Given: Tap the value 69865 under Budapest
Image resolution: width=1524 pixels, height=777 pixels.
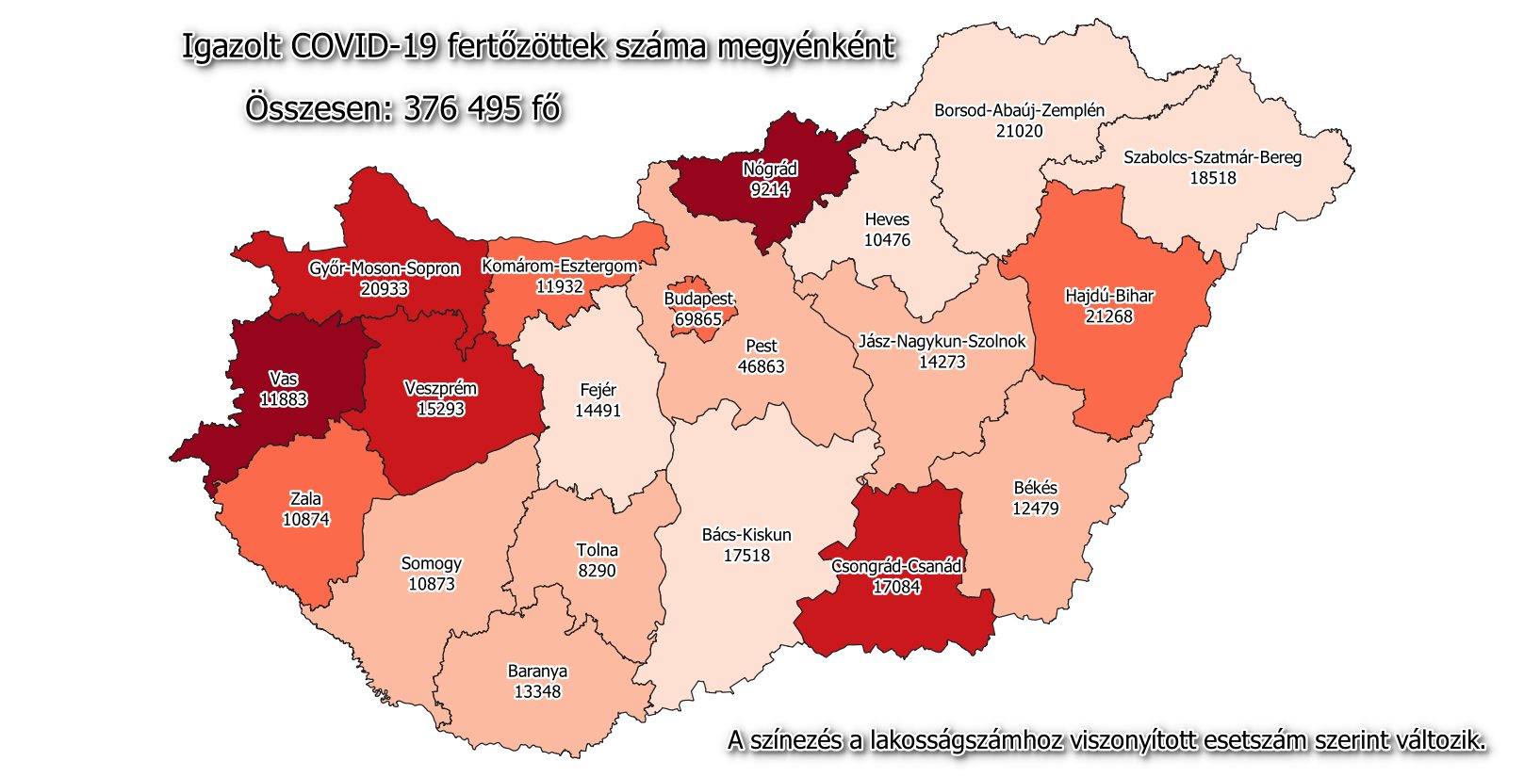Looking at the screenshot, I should click(x=697, y=319).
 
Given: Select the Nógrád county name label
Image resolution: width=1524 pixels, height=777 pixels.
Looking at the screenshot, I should click(x=770, y=169).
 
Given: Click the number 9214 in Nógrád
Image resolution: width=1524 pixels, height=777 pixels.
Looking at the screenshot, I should click(x=770, y=189).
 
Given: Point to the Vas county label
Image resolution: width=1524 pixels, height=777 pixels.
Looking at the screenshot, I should click(x=284, y=379).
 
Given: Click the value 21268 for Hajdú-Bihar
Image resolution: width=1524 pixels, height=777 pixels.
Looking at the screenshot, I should click(x=1108, y=316).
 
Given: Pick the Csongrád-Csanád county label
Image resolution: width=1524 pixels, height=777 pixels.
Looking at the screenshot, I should click(x=896, y=566).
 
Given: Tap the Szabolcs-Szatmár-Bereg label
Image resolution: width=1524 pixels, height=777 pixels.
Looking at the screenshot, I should click(x=1212, y=157).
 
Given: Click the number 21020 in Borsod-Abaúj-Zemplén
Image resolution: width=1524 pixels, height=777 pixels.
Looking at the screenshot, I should click(x=1019, y=131).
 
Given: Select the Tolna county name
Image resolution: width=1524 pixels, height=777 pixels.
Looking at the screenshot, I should click(x=597, y=550).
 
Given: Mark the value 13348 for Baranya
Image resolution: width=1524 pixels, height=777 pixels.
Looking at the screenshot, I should click(x=537, y=692).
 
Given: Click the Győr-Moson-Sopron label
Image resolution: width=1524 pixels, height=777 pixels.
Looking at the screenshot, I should click(x=385, y=268).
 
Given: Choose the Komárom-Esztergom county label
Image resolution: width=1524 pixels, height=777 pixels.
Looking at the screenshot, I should click(x=560, y=266).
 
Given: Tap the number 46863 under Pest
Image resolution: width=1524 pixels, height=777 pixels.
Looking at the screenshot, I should click(x=761, y=366).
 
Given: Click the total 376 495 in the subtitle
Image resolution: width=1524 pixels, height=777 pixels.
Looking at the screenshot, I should click(x=462, y=108).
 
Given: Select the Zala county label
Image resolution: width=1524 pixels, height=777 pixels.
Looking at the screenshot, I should click(x=305, y=499).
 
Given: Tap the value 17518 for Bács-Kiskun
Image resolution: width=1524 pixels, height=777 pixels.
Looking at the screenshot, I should click(x=746, y=556).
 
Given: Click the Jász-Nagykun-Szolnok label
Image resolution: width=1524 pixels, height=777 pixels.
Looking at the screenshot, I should click(x=942, y=341).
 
